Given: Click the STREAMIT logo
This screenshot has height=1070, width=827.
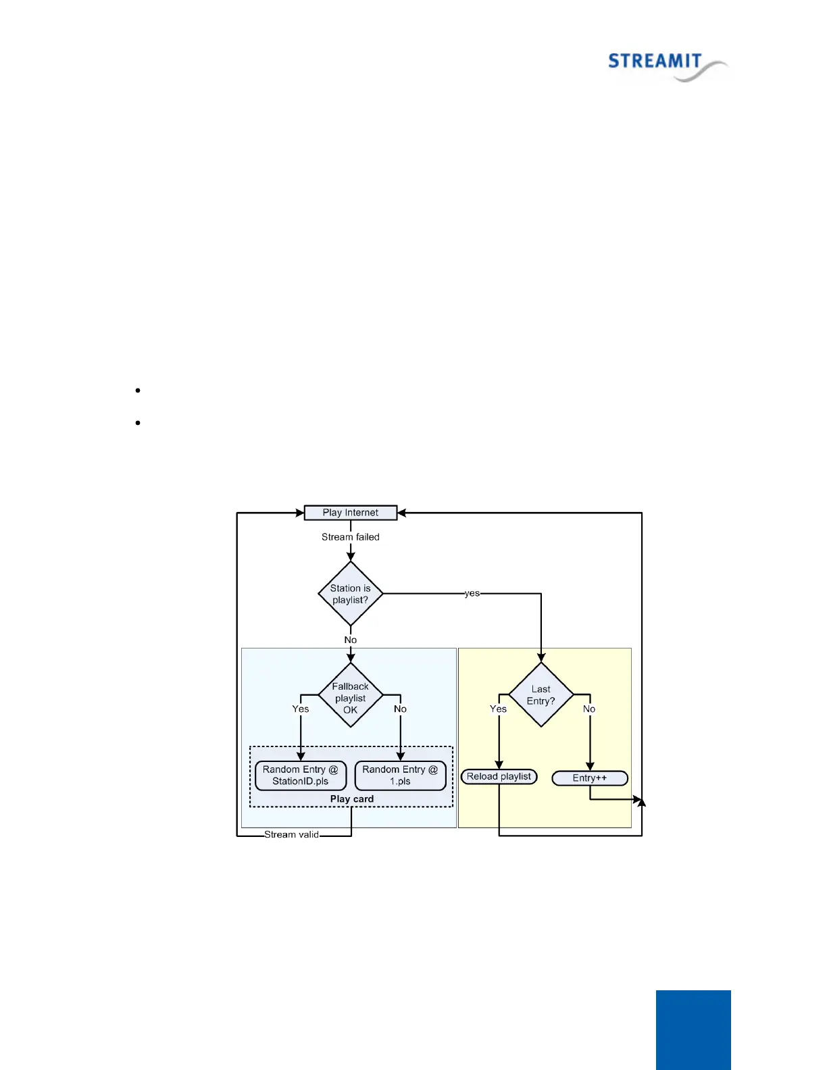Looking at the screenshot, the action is click(x=667, y=65).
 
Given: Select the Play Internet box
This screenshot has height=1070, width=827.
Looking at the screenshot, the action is click(x=350, y=513).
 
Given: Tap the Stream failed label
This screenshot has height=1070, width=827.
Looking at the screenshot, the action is click(x=350, y=537).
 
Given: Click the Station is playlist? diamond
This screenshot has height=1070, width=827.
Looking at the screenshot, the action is click(x=350, y=594).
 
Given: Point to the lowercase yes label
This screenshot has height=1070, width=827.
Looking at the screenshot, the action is click(x=472, y=593).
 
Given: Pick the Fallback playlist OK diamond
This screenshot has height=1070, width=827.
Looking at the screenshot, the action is click(x=350, y=696).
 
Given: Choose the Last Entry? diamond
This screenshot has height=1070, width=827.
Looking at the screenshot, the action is click(x=541, y=694).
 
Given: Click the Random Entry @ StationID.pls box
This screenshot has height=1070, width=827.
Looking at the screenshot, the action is click(x=301, y=775).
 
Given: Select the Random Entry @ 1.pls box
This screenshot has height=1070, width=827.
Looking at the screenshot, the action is click(x=400, y=775).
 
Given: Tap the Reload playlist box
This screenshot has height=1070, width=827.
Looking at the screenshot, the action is click(x=499, y=777).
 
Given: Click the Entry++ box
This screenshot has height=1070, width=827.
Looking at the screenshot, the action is click(x=590, y=778).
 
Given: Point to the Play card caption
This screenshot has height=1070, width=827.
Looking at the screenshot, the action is click(x=351, y=799).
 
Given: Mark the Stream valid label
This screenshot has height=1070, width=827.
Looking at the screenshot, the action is click(x=291, y=835).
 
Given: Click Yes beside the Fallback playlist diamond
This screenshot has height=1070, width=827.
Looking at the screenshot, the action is click(x=301, y=709).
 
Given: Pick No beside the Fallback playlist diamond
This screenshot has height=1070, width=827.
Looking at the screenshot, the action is click(x=400, y=709).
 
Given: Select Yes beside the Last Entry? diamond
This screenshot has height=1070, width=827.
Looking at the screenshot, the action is click(x=498, y=709).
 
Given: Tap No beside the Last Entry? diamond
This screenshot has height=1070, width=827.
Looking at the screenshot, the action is click(x=589, y=709).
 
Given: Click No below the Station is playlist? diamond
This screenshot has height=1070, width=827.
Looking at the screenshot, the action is click(x=350, y=640).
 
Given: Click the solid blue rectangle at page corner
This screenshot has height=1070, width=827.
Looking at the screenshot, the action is click(x=693, y=1029).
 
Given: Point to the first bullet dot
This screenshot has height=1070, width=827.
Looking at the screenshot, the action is click(x=138, y=390).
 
